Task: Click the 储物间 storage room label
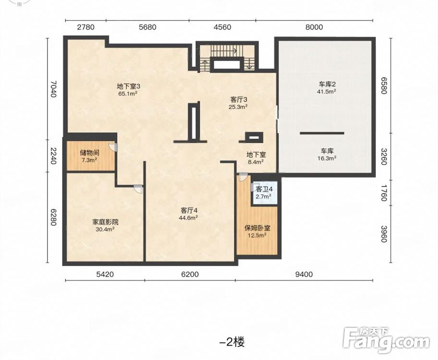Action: [x=89, y=153]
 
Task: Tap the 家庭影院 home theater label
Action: [x=105, y=222]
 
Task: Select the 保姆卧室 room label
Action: [x=257, y=228]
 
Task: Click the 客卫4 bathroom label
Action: [x=264, y=189]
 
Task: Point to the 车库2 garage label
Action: [x=327, y=84]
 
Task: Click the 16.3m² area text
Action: [x=327, y=158]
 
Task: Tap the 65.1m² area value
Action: [x=128, y=93]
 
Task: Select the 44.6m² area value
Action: [x=189, y=217]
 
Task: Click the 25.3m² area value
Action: [x=238, y=107]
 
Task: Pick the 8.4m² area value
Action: [x=256, y=162]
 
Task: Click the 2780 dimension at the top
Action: [x=86, y=27]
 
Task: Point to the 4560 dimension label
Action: [x=222, y=27]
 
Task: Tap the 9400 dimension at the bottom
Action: [x=304, y=275]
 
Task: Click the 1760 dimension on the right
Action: [x=384, y=192]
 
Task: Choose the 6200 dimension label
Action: [x=190, y=275]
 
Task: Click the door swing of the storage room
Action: [x=112, y=147]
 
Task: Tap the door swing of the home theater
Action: [x=138, y=189]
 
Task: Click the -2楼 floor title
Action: [x=232, y=342]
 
